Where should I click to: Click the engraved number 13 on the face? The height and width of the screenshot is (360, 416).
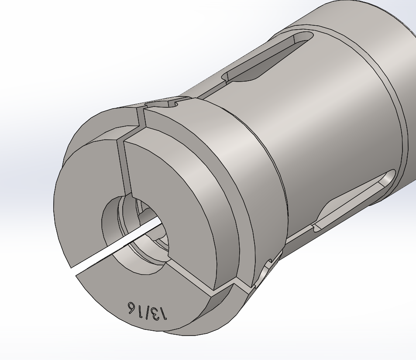(159, 313)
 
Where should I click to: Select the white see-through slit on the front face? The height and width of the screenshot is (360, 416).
(117, 245)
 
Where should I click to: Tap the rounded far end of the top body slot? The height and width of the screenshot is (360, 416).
(308, 37)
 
